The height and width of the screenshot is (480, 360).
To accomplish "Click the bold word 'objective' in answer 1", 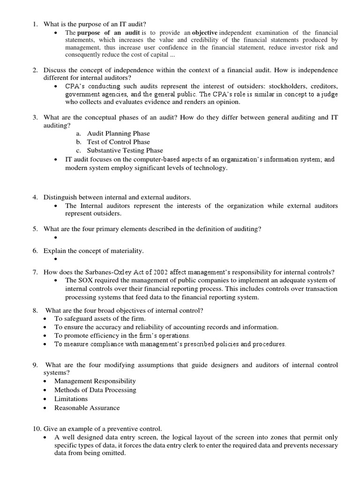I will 205,32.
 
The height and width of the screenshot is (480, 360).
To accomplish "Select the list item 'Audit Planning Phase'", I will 118,133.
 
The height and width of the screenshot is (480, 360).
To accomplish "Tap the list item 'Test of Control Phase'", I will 119,142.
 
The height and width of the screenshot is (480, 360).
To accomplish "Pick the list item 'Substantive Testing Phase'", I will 125,150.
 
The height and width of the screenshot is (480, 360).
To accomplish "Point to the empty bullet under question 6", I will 55,259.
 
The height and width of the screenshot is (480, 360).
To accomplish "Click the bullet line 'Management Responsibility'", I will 95,381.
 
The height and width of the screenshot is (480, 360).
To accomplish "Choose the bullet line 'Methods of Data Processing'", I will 95,390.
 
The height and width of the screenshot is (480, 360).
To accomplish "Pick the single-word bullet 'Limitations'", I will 71,398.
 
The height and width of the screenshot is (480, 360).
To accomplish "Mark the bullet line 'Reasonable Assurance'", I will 87,407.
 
